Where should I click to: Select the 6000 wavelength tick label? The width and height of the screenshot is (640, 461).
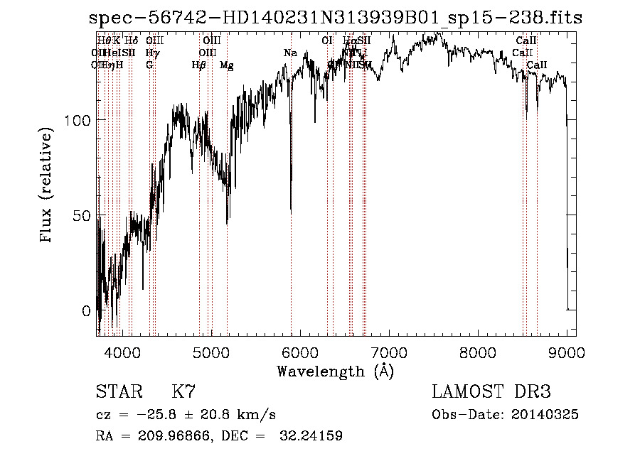click(299, 352)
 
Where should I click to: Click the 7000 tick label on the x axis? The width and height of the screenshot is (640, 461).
click(388, 352)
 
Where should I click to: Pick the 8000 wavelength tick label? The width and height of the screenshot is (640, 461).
click(477, 352)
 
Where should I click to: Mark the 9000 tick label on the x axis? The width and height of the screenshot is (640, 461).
click(566, 352)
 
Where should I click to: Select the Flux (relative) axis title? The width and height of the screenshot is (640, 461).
click(48, 186)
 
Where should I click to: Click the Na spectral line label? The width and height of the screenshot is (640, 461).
click(290, 53)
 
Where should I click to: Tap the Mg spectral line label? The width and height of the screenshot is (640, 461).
click(226, 65)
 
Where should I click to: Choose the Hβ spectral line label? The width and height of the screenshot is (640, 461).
click(198, 65)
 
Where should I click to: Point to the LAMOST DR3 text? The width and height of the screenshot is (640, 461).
click(491, 392)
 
